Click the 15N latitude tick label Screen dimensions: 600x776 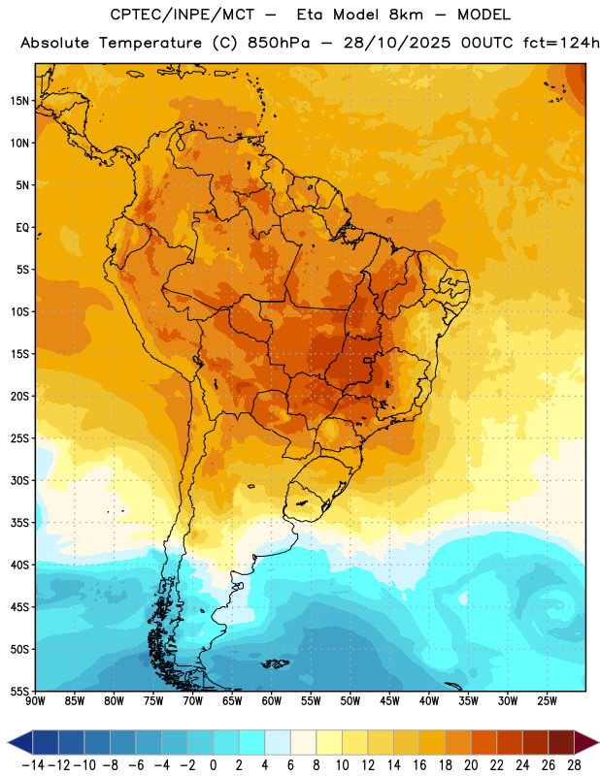click(19, 101)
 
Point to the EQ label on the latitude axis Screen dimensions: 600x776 click(22, 228)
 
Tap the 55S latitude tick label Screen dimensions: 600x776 click(19, 691)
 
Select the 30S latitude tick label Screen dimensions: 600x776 click(19, 480)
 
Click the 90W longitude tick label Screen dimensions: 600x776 click(36, 701)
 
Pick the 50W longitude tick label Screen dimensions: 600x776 click(350, 701)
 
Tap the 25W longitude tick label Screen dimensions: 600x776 click(547, 701)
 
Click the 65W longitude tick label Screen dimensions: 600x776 click(232, 701)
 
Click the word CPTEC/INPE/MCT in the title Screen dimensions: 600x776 click(182, 15)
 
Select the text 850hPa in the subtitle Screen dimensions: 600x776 click(279, 43)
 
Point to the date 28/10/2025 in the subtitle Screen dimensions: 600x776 click(397, 43)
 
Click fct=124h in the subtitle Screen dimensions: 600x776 click(561, 43)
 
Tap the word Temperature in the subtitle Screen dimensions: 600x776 click(150, 43)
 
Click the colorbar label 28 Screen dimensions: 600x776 click(574, 765)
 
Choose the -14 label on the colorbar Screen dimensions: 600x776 click(33, 765)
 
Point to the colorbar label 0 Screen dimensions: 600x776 click(213, 765)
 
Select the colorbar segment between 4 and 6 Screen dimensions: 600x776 click(278, 743)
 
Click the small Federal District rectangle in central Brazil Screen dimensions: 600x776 click(368, 360)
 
